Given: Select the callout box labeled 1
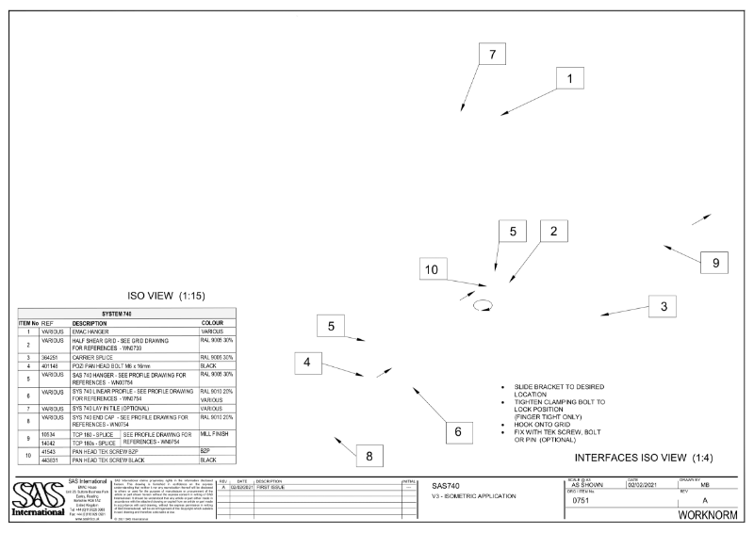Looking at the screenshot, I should [x=569, y=80].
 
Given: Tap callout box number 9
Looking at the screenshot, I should [x=715, y=263].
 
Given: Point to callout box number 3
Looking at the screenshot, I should [x=663, y=306].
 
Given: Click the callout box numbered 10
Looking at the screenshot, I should [x=431, y=269].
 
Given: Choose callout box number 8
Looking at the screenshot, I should [x=369, y=455].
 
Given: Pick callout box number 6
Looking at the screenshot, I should [x=458, y=431].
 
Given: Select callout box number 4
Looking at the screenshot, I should [x=306, y=361].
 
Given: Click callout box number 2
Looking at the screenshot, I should [x=554, y=231].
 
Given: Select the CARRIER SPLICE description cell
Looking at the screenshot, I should [x=98, y=358].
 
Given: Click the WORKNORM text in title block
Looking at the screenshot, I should [x=713, y=517].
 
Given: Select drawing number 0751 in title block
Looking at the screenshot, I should [x=581, y=501].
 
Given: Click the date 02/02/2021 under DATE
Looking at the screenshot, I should [x=645, y=485].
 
